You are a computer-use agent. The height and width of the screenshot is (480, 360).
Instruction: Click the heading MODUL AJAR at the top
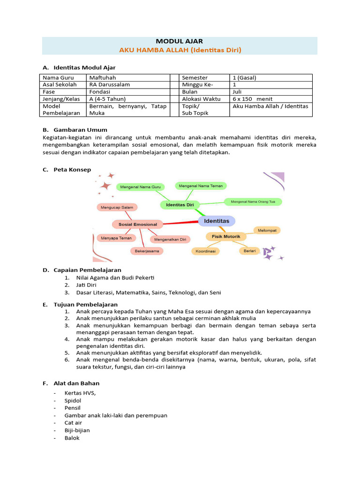(x=180, y=41)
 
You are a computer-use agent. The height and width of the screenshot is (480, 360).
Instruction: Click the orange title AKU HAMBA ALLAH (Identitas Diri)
(x=180, y=50)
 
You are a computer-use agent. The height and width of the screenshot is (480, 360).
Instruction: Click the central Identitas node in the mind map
(x=217, y=220)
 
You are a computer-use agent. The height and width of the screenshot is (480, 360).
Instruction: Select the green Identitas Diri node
(x=180, y=205)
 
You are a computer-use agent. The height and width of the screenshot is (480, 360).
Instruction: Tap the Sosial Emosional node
(x=138, y=225)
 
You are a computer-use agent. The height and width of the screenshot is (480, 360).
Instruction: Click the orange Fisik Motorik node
(x=226, y=237)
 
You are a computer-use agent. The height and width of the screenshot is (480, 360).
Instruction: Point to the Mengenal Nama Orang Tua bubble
(x=253, y=202)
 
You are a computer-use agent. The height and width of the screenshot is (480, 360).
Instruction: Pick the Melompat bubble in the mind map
(x=267, y=230)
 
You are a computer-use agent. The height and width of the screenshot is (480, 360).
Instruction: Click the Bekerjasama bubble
(x=147, y=251)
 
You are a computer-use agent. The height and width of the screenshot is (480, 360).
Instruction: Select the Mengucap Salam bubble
(x=117, y=207)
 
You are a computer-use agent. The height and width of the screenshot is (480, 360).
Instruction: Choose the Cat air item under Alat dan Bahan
(x=73, y=423)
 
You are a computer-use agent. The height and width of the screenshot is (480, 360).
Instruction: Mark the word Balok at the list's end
(x=72, y=438)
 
